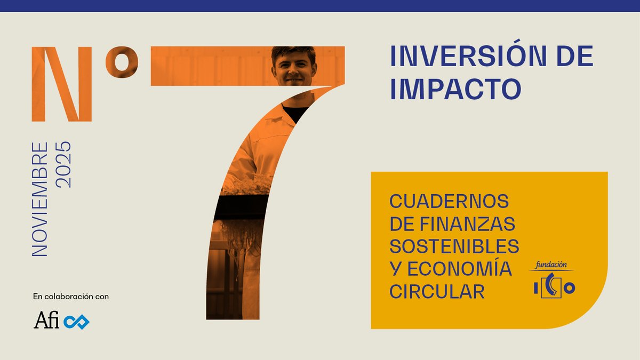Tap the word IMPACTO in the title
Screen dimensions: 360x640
pyautogui.click(x=455, y=89)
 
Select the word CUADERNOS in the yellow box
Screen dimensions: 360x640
pyautogui.click(x=449, y=202)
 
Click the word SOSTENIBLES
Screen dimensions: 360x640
pyautogui.click(x=454, y=246)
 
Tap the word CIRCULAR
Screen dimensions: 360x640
pyautogui.click(x=437, y=292)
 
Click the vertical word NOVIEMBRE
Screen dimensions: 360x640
pyautogui.click(x=41, y=199)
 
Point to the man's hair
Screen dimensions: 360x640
pyautogui.click(x=293, y=52)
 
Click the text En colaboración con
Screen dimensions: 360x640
pyautogui.click(x=71, y=297)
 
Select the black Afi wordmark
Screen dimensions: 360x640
pyautogui.click(x=46, y=321)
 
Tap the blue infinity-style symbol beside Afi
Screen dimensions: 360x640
pyautogui.click(x=76, y=321)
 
